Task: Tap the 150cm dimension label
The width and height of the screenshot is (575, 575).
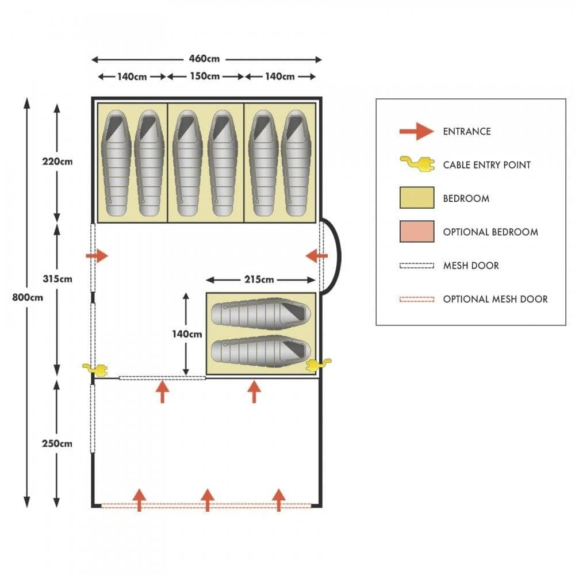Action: (x=205, y=76)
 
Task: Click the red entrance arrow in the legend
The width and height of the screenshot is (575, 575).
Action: (x=416, y=132)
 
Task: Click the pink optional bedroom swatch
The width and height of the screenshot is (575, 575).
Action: (x=416, y=232)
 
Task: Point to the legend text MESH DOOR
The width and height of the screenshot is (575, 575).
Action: (x=471, y=266)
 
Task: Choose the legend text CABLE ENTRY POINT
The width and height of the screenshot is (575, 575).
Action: (x=486, y=165)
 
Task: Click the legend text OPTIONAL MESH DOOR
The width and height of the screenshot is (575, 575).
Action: (x=495, y=299)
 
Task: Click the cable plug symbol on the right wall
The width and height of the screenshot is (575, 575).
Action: (x=319, y=365)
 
